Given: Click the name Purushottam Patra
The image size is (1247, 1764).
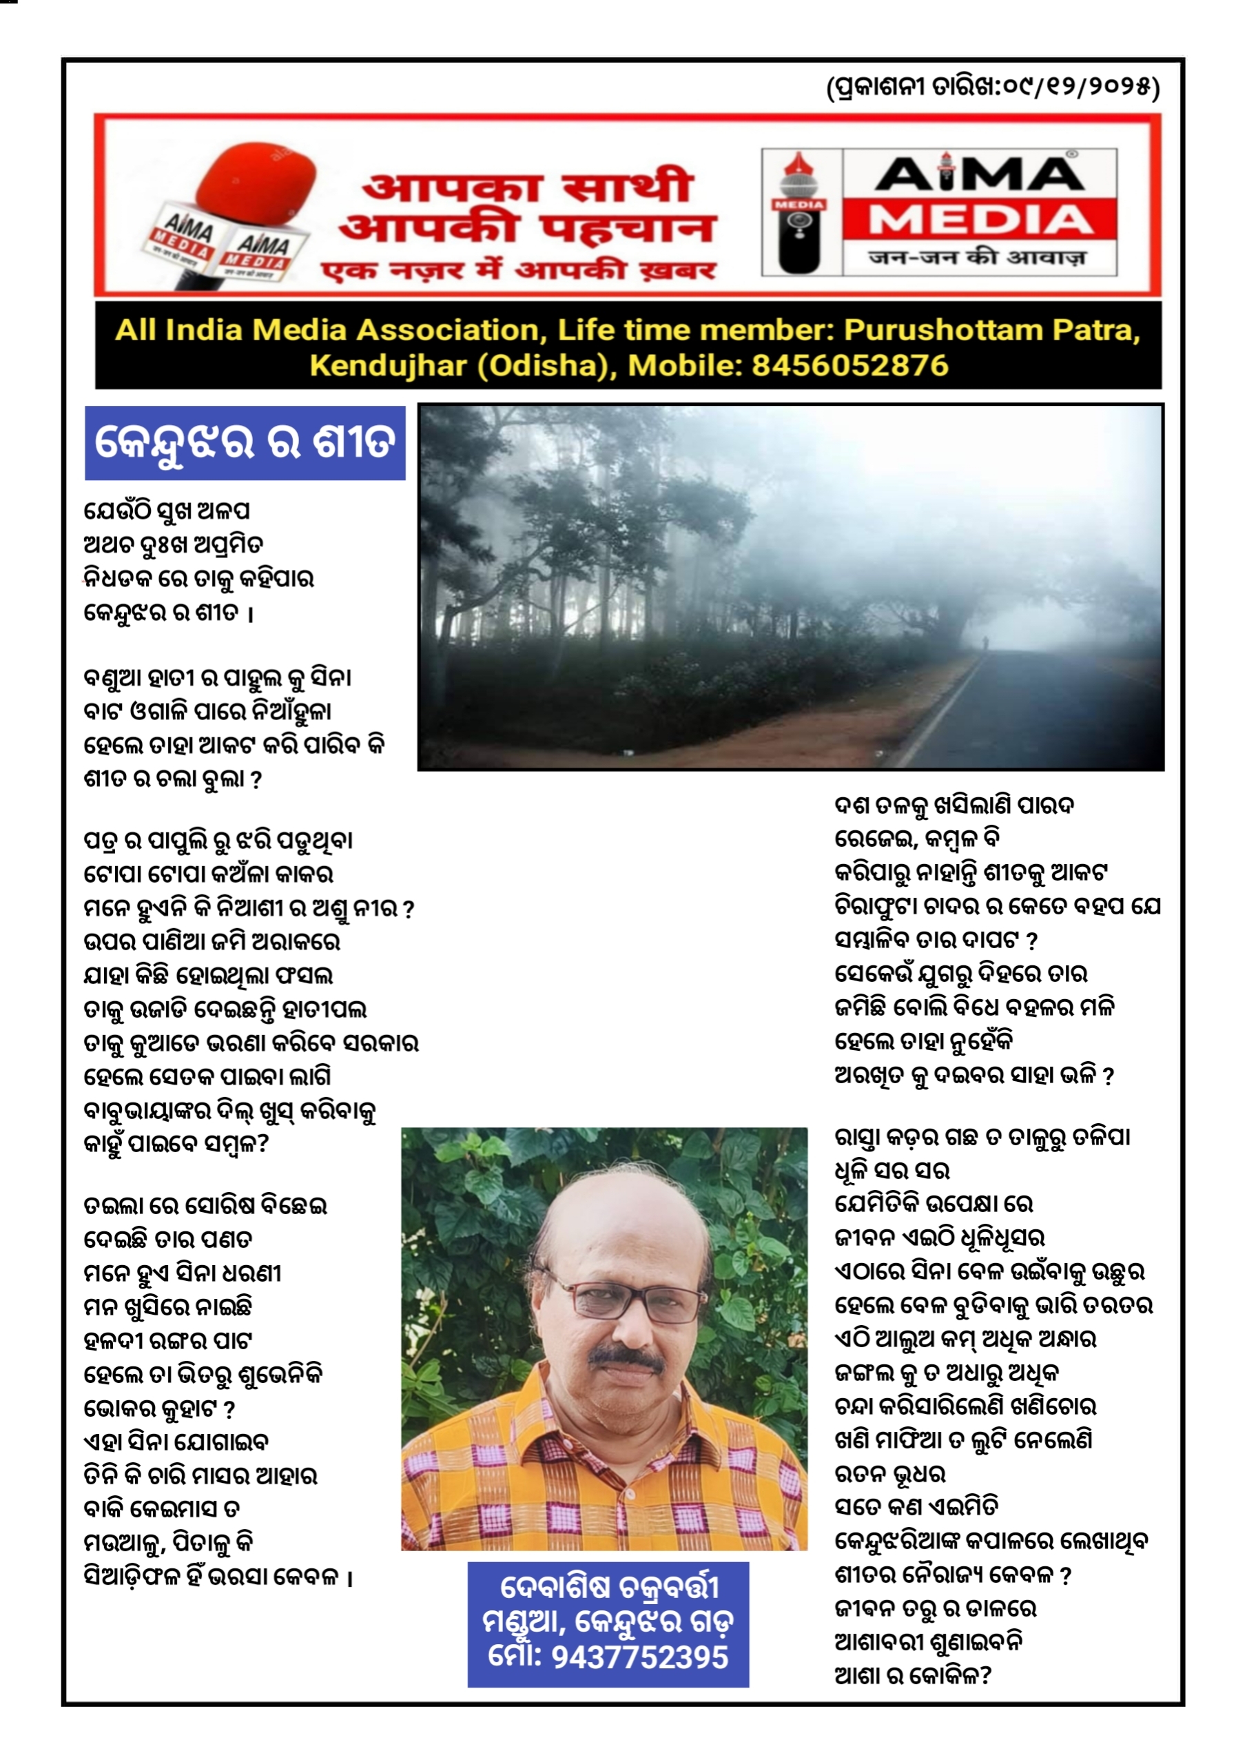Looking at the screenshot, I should (991, 329).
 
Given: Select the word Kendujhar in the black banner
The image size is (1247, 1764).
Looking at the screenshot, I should (387, 365).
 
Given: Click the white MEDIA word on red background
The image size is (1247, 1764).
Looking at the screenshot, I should (980, 220).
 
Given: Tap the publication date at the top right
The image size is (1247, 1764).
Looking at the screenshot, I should (992, 87).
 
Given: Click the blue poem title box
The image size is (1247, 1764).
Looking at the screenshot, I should (245, 443).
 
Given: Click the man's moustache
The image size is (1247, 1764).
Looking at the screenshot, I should (626, 1359).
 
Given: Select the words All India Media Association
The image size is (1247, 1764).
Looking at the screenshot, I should (327, 329).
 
